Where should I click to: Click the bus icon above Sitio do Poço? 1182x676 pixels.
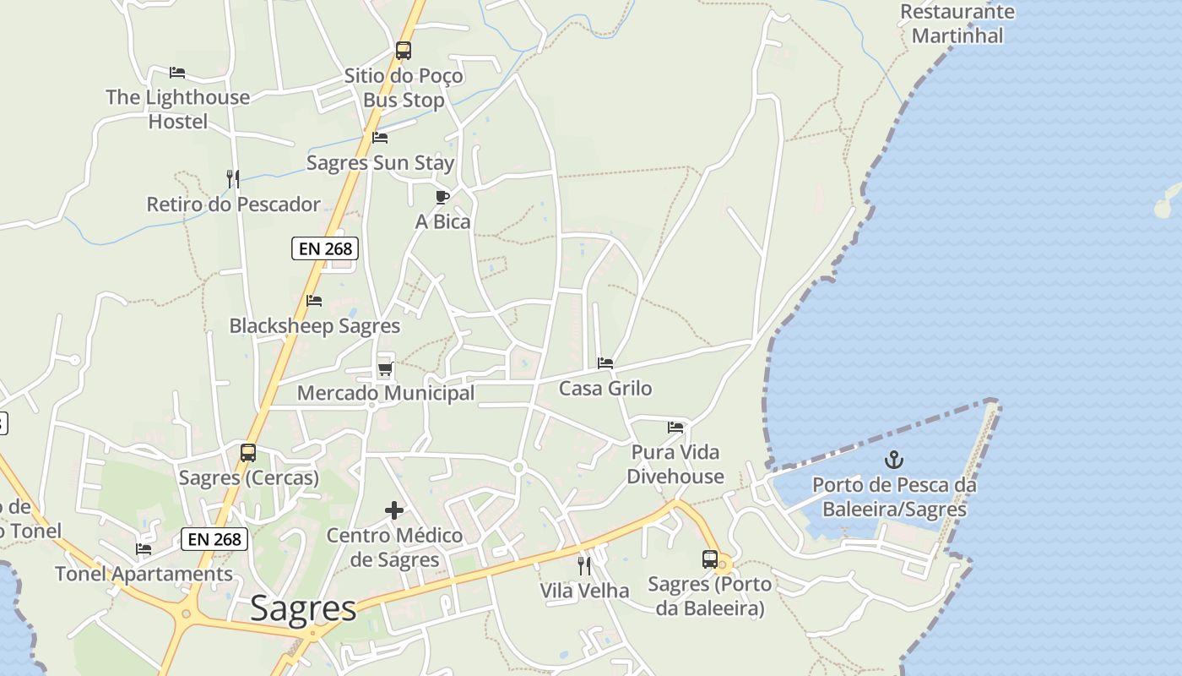coord(404,51)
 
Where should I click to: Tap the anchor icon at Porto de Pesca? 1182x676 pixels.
coord(893,461)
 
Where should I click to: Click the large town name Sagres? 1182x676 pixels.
coord(304,609)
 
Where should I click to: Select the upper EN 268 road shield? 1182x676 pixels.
coord(325,248)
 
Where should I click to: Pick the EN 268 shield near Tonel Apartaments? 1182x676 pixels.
coord(214,539)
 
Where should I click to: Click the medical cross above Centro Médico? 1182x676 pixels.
coord(394,510)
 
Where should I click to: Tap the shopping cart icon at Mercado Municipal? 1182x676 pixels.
coord(386,368)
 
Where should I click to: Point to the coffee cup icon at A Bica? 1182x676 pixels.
coord(442,197)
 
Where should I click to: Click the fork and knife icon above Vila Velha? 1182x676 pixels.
coord(584,565)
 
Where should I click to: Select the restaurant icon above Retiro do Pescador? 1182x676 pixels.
coord(233,178)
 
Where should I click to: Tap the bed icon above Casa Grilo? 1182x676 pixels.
coord(605,363)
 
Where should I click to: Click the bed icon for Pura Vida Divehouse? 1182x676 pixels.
coord(675,427)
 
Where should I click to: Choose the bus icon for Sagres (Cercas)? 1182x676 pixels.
coord(248,453)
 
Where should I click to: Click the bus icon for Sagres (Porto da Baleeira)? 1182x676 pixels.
coord(710,559)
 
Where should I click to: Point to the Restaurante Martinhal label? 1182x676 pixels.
coord(957,24)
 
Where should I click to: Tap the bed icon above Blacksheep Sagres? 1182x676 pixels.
coord(314,301)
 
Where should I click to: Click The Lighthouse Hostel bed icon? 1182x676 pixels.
coord(177,73)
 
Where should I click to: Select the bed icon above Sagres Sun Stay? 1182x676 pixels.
coord(380,138)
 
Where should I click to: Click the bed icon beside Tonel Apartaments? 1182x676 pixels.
coord(144,549)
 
